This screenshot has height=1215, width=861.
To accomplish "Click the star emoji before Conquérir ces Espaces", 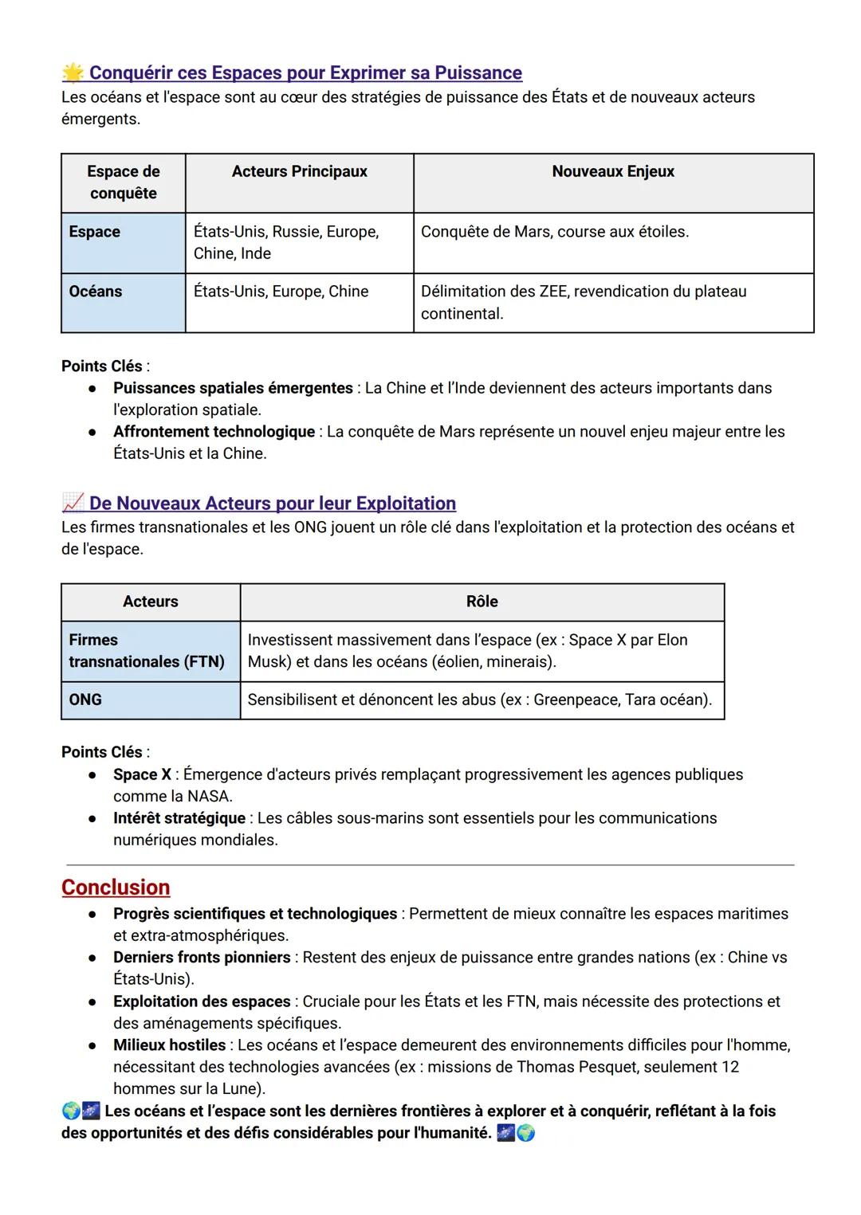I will coord(73,73).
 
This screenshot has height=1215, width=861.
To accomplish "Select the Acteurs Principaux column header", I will coord(299,171).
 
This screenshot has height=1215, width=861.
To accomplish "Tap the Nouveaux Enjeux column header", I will coord(612,171).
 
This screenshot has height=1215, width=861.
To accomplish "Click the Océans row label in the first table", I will coord(96,292).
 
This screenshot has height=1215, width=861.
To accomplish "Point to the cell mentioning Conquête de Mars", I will coord(554,232).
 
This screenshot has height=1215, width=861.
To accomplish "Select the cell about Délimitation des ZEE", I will coord(583,302).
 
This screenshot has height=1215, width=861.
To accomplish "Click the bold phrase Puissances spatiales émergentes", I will coord(233,388).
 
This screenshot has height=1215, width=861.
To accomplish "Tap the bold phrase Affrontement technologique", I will coord(214,432).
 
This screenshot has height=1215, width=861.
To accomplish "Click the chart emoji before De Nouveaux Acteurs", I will coord(73,503).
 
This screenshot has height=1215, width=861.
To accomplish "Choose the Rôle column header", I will coord(482,602).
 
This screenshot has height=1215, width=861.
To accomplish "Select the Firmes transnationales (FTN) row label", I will coord(146,651).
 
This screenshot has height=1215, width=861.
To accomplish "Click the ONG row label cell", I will coord(85,700).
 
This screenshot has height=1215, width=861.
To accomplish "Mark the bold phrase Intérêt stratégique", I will coord(179,818).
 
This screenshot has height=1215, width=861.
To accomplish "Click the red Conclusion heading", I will coord(116,887).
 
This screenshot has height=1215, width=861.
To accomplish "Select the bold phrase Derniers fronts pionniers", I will coord(202,958).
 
